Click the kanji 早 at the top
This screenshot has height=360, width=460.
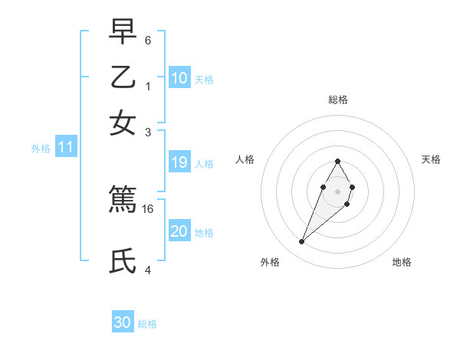(123, 33)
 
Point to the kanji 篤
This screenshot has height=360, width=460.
(123, 199)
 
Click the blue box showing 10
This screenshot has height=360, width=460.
(179, 78)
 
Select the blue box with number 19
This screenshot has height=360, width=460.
(179, 162)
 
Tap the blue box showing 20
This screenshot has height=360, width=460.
(179, 231)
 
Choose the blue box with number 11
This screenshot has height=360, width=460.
(65, 148)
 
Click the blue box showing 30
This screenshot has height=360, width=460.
(123, 322)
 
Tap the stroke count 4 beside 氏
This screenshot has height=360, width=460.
(148, 269)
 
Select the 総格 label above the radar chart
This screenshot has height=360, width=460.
(337, 100)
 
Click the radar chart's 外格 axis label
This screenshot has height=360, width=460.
(270, 262)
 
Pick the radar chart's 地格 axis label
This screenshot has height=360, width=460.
(402, 262)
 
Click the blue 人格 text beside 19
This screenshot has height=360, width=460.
(204, 163)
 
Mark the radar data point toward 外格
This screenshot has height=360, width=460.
(302, 242)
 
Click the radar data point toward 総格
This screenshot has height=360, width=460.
(337, 161)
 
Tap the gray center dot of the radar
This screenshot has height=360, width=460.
(337, 191)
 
